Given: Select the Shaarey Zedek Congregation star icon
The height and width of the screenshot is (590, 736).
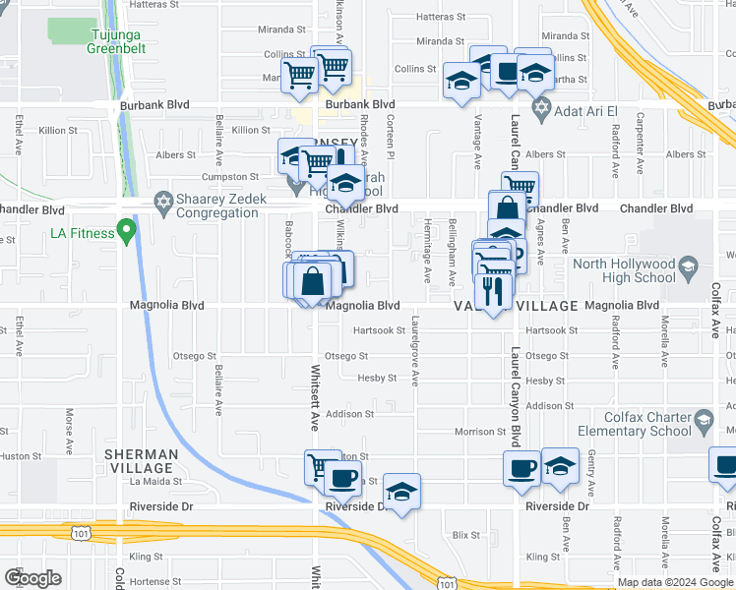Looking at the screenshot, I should [164, 202].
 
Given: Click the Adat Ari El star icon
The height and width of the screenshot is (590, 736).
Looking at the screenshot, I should [539, 105].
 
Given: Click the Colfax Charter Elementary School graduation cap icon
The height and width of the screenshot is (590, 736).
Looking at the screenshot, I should [704, 423].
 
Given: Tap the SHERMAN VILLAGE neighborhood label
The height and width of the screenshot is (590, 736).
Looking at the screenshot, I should [142, 461].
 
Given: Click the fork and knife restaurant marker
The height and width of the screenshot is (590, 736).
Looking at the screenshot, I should [493, 289].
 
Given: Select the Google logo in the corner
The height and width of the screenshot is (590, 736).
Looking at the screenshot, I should [32, 578].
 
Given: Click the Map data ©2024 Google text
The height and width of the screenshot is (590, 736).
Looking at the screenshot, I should [675, 582].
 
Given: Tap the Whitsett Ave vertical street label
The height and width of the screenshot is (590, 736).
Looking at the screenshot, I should [316, 398].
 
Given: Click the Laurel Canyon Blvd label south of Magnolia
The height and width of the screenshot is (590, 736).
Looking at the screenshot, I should [514, 393].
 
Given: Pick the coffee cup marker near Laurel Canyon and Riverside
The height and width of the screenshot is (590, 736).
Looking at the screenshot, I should [521, 467].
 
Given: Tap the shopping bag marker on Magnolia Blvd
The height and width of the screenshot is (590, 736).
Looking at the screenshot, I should [312, 281].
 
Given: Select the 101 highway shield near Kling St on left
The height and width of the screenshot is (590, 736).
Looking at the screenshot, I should [79, 533].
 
